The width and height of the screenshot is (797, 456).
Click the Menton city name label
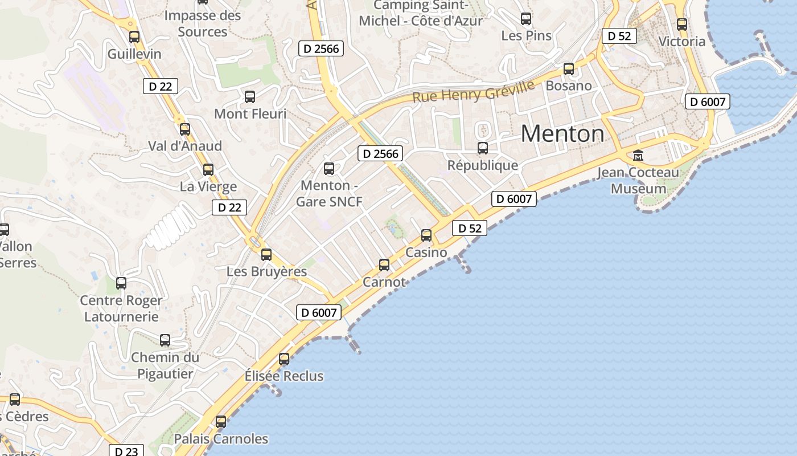click(562, 134)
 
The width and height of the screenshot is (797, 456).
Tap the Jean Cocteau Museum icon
click(638, 155)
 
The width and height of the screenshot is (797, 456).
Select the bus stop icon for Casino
click(426, 235)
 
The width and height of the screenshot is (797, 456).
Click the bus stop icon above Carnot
click(384, 265)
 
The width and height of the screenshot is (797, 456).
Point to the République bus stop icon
click(483, 148)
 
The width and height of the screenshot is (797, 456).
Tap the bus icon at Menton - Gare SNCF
click(329, 169)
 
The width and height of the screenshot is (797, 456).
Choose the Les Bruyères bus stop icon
click(266, 255)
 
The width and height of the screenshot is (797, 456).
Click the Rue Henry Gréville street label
click(473, 92)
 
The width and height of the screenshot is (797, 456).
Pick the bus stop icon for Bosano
click(569, 69)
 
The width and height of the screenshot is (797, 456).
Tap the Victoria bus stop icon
click(682, 25)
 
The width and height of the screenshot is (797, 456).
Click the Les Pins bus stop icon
click(526, 19)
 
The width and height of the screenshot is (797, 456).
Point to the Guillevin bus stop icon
click(134, 37)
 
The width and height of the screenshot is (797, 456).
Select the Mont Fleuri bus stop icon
click(250, 97)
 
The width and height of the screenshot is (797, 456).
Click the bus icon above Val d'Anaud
click(185, 129)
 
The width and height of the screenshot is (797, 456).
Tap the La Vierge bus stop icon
click(208, 169)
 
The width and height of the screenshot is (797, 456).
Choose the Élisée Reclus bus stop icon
click(284, 359)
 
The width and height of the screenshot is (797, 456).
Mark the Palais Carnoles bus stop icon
click(221, 422)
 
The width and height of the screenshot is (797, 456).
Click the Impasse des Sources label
click(203, 23)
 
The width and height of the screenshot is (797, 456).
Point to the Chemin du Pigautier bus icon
click(165, 340)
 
